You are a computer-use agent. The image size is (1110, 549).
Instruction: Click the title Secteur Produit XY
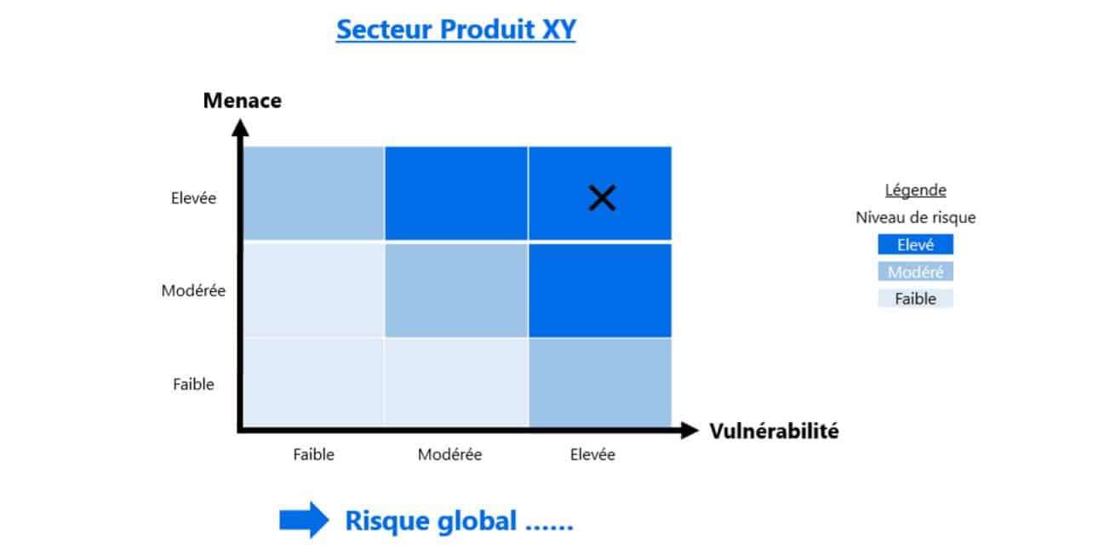(456, 29)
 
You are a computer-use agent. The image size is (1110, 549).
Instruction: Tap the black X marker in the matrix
(602, 197)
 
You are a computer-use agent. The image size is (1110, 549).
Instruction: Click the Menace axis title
(243, 100)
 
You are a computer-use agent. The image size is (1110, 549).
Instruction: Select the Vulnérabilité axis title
(774, 431)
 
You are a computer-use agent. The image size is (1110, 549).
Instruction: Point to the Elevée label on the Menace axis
(193, 198)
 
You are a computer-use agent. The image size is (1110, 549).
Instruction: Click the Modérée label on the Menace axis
(193, 290)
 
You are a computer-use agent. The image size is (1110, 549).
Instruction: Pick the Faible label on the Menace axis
(193, 384)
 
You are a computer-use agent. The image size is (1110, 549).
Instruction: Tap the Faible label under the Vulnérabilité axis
(313, 455)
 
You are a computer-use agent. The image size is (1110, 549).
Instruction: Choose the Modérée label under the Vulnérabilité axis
(449, 455)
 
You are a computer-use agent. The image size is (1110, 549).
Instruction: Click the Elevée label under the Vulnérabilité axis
(592, 455)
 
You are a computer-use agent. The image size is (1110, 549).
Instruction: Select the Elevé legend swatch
(916, 244)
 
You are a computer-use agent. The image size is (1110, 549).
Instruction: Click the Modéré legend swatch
(916, 272)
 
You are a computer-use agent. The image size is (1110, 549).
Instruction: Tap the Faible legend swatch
(916, 298)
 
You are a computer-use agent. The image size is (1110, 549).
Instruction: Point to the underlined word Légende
(916, 190)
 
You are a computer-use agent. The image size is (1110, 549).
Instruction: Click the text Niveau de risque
(916, 217)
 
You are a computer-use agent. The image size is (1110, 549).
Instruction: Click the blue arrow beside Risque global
(304, 520)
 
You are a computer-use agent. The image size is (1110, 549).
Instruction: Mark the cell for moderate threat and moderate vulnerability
(456, 290)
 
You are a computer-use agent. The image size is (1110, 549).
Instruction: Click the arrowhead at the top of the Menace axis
(240, 128)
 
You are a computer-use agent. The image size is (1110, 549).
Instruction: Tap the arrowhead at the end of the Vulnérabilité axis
(689, 430)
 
